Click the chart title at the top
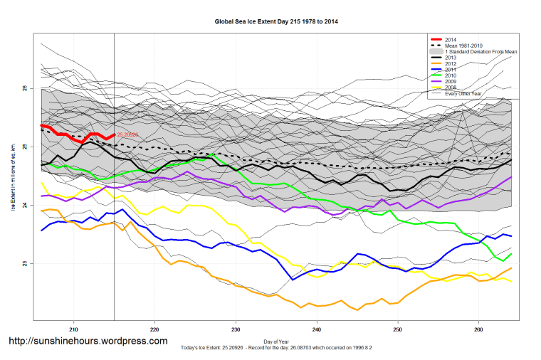276,21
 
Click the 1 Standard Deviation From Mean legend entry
480,52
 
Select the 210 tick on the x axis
73,329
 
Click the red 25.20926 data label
127,134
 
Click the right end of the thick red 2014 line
114,134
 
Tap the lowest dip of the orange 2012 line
357,309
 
